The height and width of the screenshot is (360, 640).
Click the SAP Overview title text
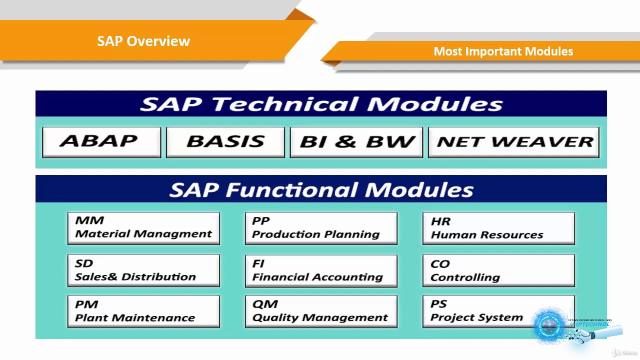tap(143, 41)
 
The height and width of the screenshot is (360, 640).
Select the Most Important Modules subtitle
tap(503, 51)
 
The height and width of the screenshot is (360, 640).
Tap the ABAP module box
tap(101, 142)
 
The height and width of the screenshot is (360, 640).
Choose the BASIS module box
tap(225, 142)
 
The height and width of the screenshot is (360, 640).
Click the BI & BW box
tap(356, 142)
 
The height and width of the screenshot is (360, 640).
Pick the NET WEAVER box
tap(513, 142)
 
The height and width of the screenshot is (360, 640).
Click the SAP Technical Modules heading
tap(321, 104)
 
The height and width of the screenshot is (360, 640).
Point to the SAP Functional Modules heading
tap(321, 189)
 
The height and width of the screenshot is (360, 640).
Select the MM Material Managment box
tap(143, 228)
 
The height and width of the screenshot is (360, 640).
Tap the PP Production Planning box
tap(321, 228)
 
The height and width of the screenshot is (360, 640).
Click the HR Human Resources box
tap(498, 228)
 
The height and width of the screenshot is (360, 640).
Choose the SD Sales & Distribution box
tap(143, 270)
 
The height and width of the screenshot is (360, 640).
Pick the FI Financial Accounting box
tap(321, 270)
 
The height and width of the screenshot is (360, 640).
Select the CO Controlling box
tap(498, 270)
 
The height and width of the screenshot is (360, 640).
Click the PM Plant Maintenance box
tap(143, 311)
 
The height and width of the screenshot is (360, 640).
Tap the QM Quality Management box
tap(321, 311)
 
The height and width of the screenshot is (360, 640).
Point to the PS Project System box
tap(477, 311)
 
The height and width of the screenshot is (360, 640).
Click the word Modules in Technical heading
tap(435, 104)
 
